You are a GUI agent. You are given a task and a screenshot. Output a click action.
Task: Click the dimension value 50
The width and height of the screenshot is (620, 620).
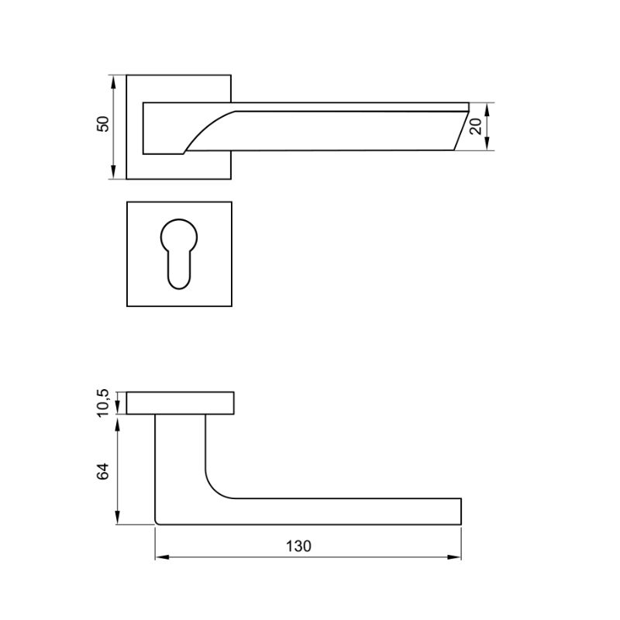pos(103,124)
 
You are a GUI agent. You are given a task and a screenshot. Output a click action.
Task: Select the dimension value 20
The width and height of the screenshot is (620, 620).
pos(476,126)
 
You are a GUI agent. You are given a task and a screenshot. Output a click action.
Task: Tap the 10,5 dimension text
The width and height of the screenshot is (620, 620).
pos(102,403)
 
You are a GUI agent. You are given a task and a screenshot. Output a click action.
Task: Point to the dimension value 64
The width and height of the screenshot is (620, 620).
pos(102,471)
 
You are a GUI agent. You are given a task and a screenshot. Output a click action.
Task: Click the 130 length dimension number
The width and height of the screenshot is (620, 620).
pos(298,546)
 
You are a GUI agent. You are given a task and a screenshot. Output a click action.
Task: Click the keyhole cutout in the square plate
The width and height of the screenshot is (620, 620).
pos(179,254)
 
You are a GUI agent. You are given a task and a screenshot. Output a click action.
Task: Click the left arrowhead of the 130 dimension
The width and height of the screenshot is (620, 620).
pos(162,557)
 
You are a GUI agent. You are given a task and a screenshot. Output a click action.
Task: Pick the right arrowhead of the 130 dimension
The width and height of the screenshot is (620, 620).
pos(454,557)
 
